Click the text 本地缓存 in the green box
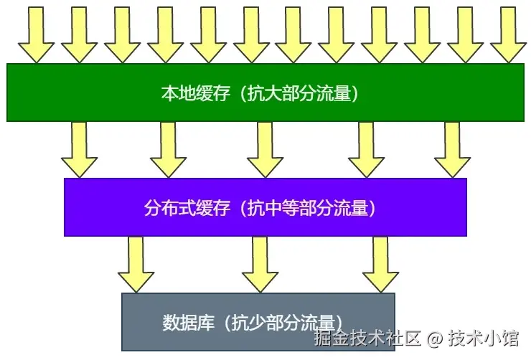click(x=194, y=93)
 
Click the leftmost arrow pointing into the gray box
click(x=136, y=265)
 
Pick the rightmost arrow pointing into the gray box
click(x=380, y=265)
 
